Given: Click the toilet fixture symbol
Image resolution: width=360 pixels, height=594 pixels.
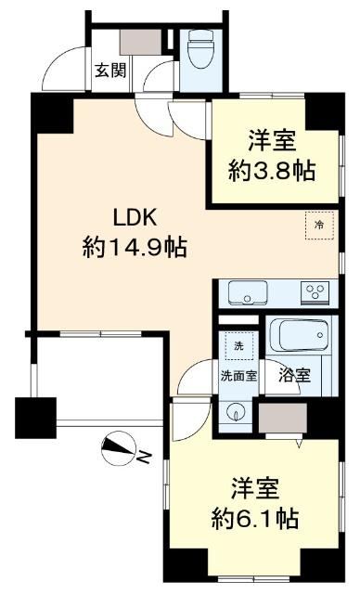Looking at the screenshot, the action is click(x=201, y=48).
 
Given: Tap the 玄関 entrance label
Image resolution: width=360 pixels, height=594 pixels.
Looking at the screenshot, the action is click(x=110, y=71).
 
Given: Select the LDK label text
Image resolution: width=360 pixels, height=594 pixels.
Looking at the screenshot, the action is click(x=135, y=219).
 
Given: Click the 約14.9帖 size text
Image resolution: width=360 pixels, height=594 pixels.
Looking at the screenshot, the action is click(x=135, y=247).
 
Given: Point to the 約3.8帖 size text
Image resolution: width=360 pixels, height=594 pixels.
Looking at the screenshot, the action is click(x=272, y=171).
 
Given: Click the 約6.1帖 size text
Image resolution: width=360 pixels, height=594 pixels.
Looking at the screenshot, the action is click(x=255, y=518).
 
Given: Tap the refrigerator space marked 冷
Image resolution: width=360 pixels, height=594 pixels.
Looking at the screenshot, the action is click(x=320, y=226).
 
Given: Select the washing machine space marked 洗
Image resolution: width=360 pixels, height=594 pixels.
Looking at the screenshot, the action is click(x=238, y=346).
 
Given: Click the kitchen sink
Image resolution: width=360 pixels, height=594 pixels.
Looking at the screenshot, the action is click(x=248, y=293).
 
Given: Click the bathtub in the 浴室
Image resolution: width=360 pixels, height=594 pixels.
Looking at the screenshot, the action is click(x=303, y=335).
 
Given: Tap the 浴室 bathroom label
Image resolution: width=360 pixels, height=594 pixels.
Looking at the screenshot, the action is click(x=294, y=375).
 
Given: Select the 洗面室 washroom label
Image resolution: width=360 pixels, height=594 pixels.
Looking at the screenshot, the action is click(x=238, y=376).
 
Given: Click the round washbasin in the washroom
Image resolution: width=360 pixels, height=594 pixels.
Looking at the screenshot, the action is click(x=236, y=413).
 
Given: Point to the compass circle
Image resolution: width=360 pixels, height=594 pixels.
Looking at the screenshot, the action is click(x=119, y=449).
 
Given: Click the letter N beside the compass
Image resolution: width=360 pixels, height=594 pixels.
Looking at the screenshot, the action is click(x=144, y=458).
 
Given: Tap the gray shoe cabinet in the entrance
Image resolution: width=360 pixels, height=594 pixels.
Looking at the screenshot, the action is click(x=141, y=42).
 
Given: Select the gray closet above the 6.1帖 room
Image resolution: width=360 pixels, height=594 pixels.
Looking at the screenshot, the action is click(x=283, y=418).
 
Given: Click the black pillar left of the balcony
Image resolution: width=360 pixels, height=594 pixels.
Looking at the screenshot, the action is click(x=35, y=418).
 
